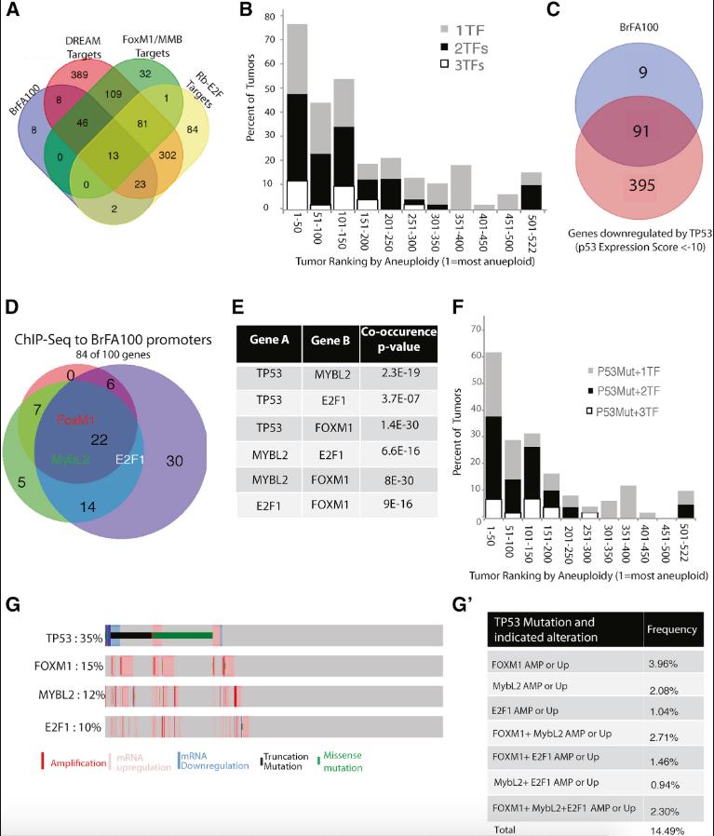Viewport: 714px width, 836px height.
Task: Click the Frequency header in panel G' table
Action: coord(672,630)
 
